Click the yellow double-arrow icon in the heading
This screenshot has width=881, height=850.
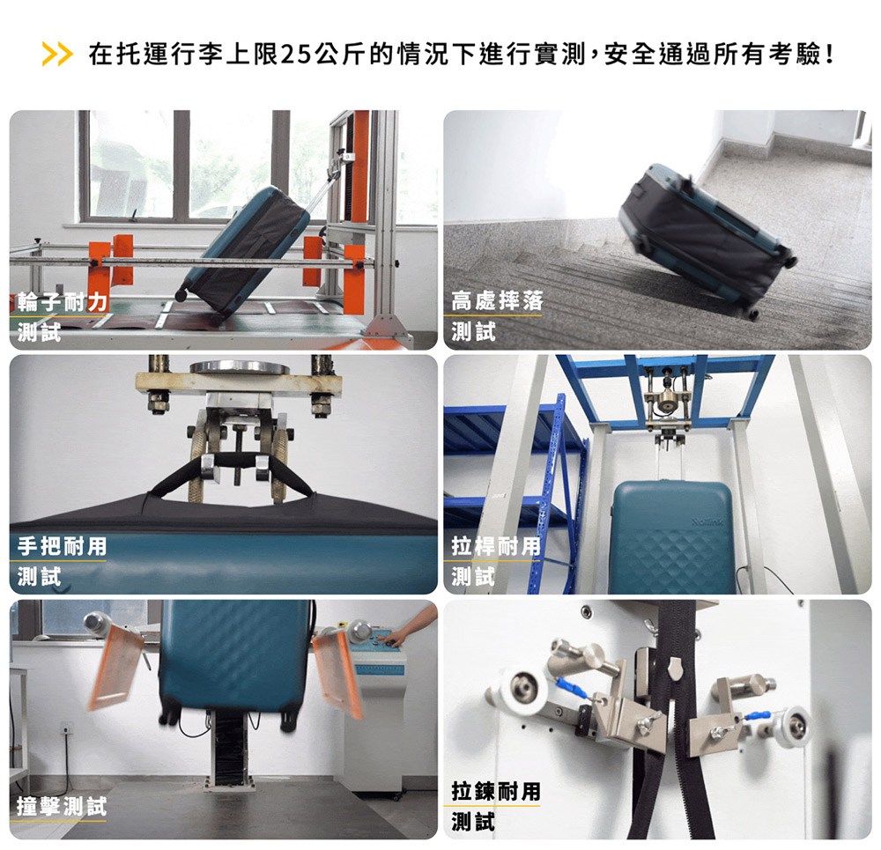57,54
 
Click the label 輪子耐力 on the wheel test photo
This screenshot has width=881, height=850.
62,302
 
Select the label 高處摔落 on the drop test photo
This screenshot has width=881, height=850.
497,301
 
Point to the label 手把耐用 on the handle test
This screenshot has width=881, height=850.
62,546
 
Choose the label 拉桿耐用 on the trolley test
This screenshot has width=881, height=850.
495,546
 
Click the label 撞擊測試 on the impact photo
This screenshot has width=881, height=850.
62,806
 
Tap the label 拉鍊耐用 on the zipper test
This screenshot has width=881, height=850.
495,792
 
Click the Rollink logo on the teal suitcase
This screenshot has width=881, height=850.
707,522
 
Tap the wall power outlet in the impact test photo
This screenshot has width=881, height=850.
65,730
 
